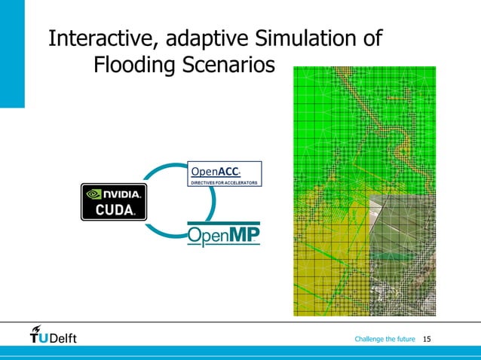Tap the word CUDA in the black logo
pyautogui.click(x=114, y=210)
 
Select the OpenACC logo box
pyautogui.click(x=223, y=173)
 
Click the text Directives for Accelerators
pyautogui.click(x=223, y=182)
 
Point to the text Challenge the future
pyautogui.click(x=384, y=339)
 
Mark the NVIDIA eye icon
pyautogui.click(x=94, y=193)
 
